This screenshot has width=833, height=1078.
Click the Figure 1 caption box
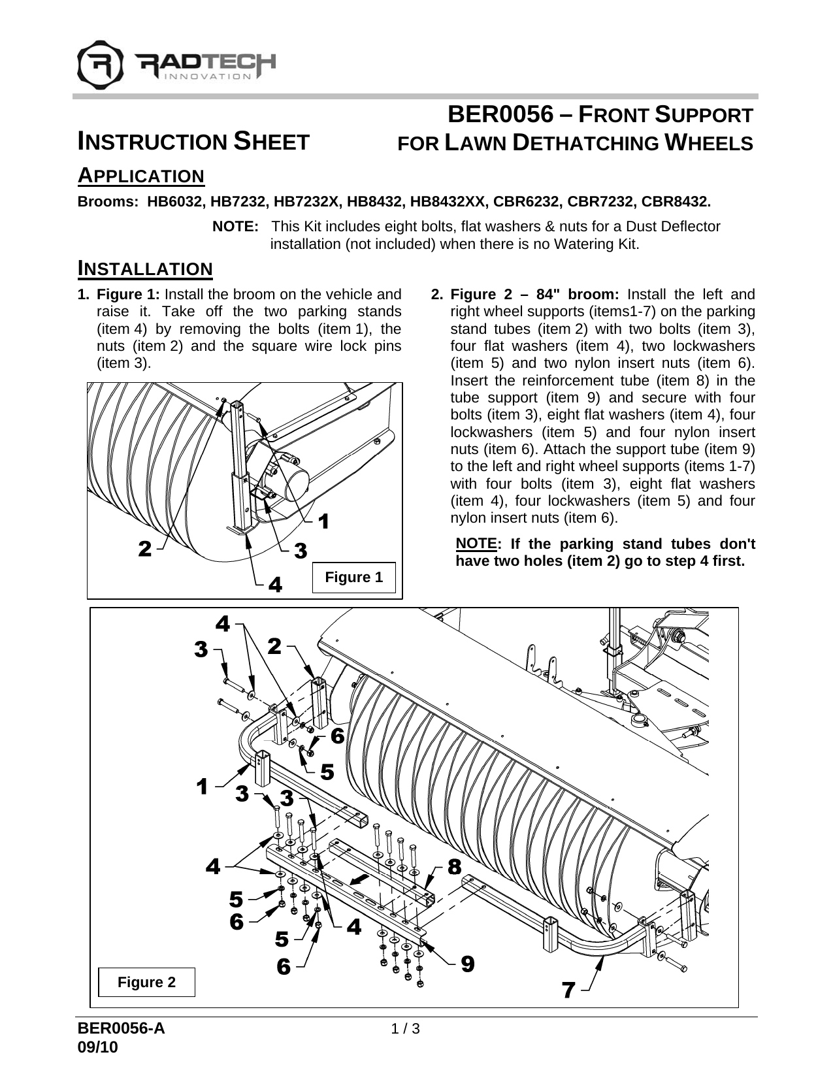pos(353,577)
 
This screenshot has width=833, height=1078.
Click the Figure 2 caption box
pos(146,982)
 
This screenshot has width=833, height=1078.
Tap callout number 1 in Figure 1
pos(322,521)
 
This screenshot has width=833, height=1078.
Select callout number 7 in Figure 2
pos(569,990)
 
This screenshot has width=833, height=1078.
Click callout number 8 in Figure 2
pos(454,868)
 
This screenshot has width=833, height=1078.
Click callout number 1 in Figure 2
pos(203,787)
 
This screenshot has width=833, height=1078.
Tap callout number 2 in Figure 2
pos(275,646)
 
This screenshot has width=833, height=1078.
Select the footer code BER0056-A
pos(121,1028)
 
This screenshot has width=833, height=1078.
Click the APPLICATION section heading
pos(141,176)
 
